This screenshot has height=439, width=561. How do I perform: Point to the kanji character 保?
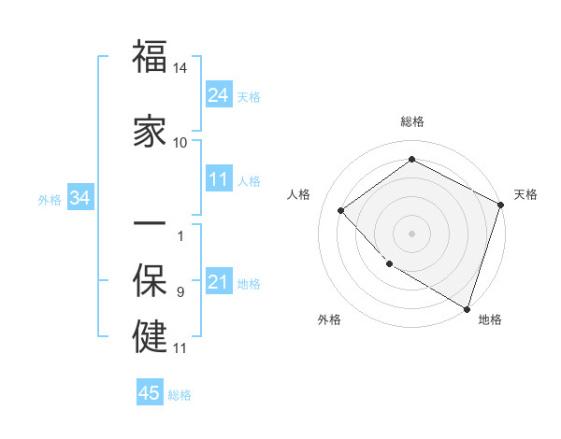[151, 280]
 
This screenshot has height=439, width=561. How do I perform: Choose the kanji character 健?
[151, 335]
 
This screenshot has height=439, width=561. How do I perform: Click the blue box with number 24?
[219, 95]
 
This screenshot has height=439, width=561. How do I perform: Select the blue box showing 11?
[219, 179]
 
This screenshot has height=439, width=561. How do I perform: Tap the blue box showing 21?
[219, 282]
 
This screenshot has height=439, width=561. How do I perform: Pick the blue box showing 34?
[79, 198]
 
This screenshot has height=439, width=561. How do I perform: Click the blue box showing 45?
[150, 393]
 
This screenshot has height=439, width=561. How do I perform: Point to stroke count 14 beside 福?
[180, 68]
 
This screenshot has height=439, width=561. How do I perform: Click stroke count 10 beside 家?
[180, 142]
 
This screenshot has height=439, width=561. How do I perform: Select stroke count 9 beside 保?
[180, 292]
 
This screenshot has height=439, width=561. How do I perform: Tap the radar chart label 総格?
[411, 122]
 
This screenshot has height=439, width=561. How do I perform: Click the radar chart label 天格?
[525, 194]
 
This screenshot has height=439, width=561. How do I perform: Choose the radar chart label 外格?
[329, 320]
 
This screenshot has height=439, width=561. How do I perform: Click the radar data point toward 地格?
[467, 307]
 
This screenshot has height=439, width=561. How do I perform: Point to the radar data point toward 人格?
[341, 210]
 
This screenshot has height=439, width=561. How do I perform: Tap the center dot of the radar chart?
[411, 233]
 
